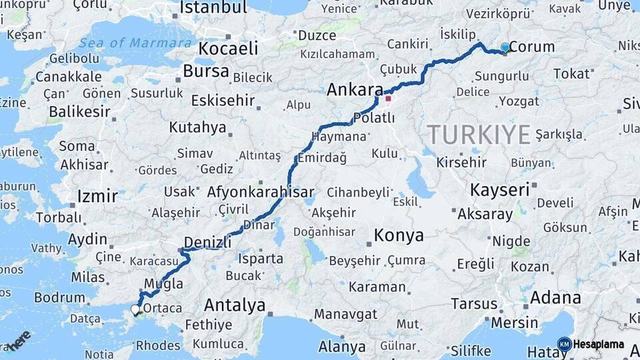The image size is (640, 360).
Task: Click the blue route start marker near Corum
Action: [x=505, y=48]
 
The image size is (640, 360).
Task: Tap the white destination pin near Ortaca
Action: [x=135, y=309]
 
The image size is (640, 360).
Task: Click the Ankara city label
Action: [x=355, y=90]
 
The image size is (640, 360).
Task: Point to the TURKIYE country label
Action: [x=479, y=135]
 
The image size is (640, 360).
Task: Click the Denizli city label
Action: [x=209, y=242]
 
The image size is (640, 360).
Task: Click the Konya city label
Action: [x=398, y=235]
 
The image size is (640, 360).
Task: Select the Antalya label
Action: [x=234, y=305]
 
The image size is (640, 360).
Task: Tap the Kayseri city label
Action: [x=499, y=189]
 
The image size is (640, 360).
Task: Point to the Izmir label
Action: [x=97, y=196]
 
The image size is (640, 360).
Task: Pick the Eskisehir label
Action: [x=223, y=101]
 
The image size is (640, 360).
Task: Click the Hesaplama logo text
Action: [x=598, y=345]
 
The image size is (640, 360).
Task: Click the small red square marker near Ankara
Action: [x=388, y=99]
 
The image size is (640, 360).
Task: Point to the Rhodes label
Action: [x=158, y=345]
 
